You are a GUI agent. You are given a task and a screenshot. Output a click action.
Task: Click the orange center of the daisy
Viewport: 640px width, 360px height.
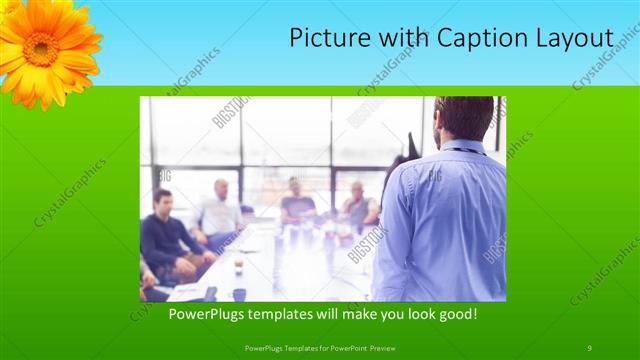[x=41, y=48]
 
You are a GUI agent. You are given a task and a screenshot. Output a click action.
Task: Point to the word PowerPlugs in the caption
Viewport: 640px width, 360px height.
[x=203, y=314]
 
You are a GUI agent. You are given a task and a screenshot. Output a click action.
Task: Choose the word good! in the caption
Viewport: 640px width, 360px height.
[x=455, y=314]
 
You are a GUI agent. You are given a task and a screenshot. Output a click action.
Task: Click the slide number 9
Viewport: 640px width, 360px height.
[x=589, y=347]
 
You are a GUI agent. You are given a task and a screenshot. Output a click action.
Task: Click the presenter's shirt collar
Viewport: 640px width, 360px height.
[x=462, y=147]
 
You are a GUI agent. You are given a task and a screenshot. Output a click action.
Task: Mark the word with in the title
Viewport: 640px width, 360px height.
[x=401, y=38]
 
